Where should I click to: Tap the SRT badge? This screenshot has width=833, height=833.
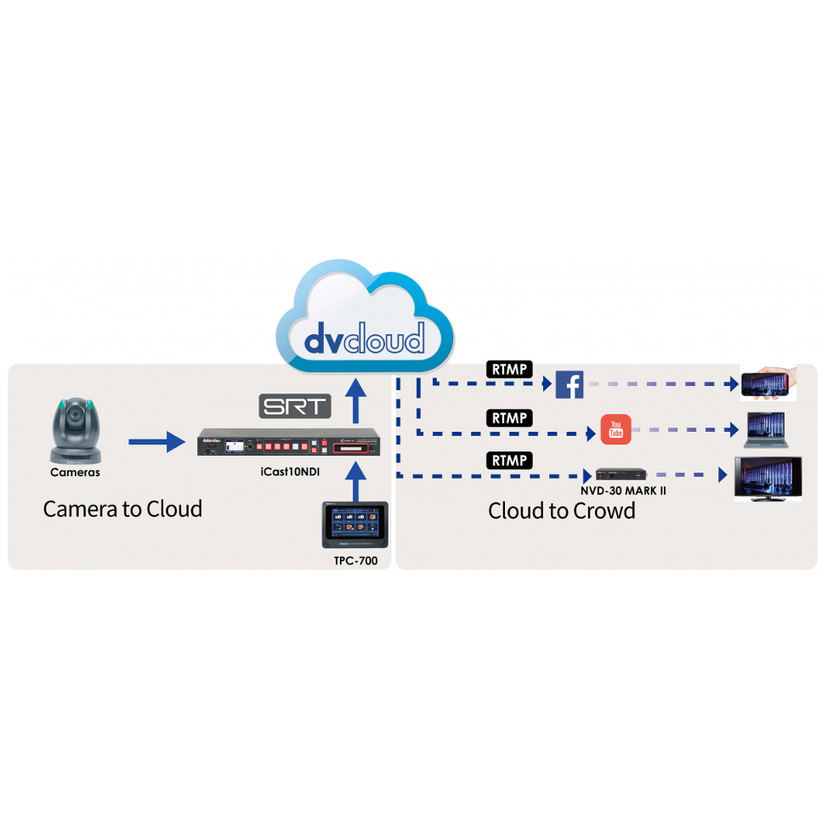click(x=294, y=405)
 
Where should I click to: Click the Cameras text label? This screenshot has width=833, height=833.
click(x=75, y=473)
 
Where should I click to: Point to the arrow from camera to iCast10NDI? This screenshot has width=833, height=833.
click(x=156, y=441)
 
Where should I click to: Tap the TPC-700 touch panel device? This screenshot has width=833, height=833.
click(x=355, y=524)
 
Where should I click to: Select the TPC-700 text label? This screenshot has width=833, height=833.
click(x=356, y=561)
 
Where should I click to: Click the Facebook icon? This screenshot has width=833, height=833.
click(x=569, y=385)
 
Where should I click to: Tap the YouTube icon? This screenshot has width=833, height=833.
click(x=616, y=430)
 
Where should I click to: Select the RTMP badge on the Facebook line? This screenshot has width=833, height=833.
click(x=509, y=370)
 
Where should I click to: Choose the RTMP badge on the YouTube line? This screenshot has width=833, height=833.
click(x=509, y=418)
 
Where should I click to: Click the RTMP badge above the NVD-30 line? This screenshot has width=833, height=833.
click(x=509, y=461)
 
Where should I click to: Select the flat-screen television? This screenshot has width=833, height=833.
click(x=768, y=478)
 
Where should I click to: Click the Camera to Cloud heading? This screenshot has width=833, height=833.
click(x=123, y=509)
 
